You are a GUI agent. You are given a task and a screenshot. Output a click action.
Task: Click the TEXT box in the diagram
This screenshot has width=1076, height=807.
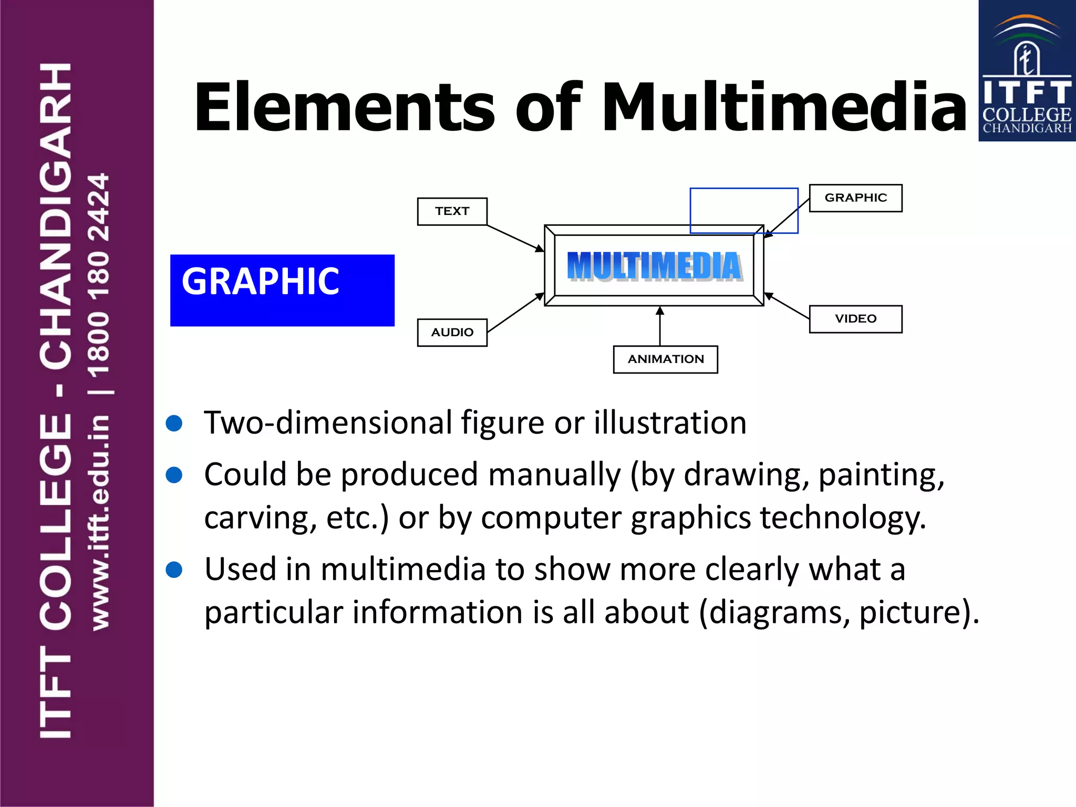pyautogui.click(x=452, y=211)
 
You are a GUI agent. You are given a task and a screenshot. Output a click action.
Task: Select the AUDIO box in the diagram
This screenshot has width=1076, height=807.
pyautogui.click(x=452, y=333)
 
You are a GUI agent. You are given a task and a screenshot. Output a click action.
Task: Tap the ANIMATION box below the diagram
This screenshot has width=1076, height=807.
pyautogui.click(x=665, y=359)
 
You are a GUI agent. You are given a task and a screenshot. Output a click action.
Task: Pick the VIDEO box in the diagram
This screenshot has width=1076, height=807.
pyautogui.click(x=855, y=319)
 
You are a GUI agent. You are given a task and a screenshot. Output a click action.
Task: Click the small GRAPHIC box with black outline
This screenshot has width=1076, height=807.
pyautogui.click(x=855, y=198)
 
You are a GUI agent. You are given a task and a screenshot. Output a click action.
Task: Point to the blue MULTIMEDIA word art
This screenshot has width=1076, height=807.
pyautogui.click(x=654, y=266)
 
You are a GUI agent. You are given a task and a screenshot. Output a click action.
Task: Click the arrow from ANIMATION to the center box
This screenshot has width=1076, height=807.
pyautogui.click(x=660, y=326)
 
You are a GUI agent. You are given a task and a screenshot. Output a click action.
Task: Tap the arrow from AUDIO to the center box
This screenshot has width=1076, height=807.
pyautogui.click(x=515, y=313)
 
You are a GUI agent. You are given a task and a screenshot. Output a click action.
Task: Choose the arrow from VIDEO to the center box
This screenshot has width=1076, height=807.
pyautogui.click(x=787, y=306)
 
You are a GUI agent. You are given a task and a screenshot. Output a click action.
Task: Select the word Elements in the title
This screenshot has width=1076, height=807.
pyautogui.click(x=344, y=107)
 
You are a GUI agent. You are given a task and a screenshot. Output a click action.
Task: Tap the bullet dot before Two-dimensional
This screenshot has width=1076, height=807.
pyautogui.click(x=174, y=423)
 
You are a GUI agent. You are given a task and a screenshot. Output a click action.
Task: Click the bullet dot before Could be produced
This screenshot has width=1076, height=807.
pyautogui.click(x=174, y=475)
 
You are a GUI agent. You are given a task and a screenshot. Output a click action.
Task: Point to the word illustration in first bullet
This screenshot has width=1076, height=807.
pyautogui.click(x=670, y=423)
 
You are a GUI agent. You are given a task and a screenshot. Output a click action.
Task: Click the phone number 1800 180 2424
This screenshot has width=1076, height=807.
pyautogui.click(x=99, y=275)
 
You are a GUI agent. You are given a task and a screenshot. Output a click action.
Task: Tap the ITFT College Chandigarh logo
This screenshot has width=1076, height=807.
pyautogui.click(x=1027, y=71)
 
